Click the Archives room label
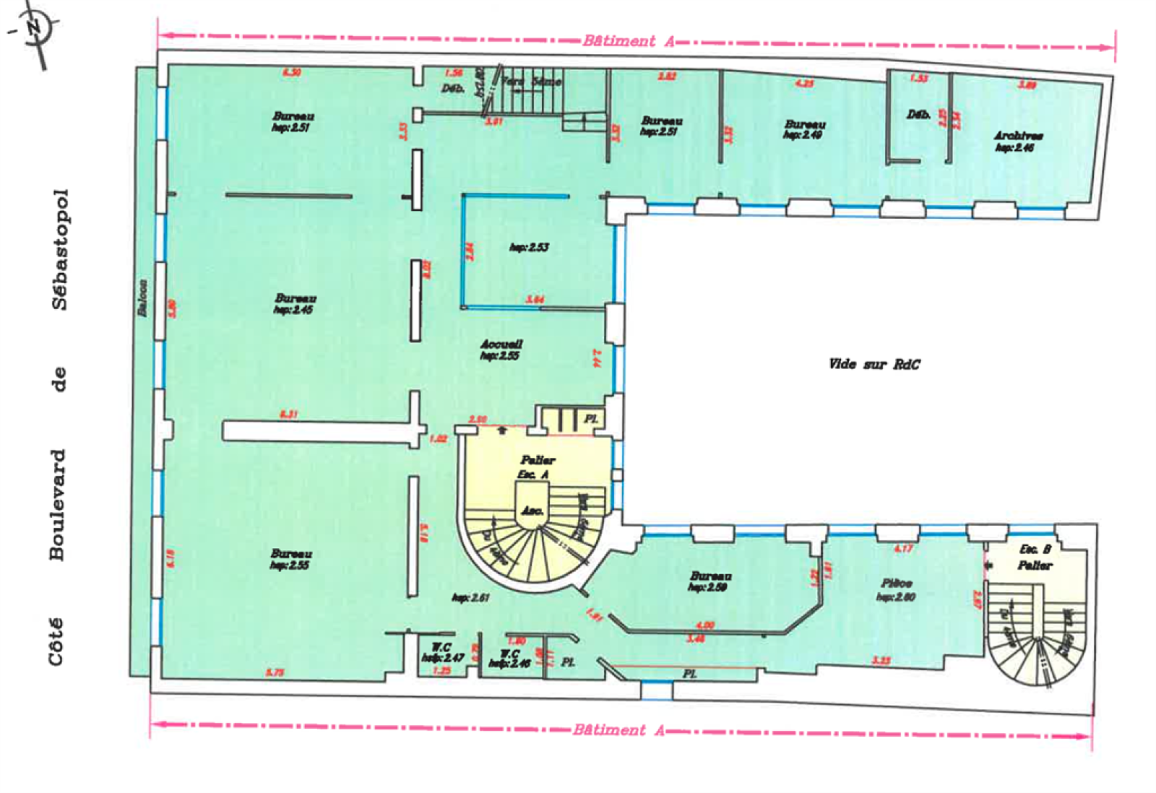pyautogui.click(x=1017, y=136)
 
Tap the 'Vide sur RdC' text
pyautogui.click(x=874, y=364)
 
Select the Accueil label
pyautogui.click(x=501, y=344)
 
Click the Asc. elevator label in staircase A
pyautogui.click(x=532, y=510)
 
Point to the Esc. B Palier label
pyautogui.click(x=1035, y=557)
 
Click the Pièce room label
pyautogui.click(x=896, y=583)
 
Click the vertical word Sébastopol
pyautogui.click(x=60, y=249)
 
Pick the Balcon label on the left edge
pyautogui.click(x=143, y=298)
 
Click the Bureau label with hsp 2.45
pyautogui.click(x=295, y=298)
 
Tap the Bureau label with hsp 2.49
pyautogui.click(x=804, y=124)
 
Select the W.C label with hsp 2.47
pyautogui.click(x=441, y=648)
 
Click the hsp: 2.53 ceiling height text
pyautogui.click(x=529, y=247)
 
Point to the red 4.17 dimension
pyautogui.click(x=902, y=549)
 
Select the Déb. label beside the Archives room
pyautogui.click(x=918, y=115)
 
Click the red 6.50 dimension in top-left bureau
pyautogui.click(x=291, y=72)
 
